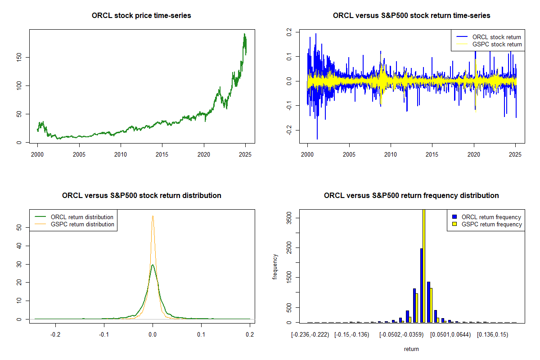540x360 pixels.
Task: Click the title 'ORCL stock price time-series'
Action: click(x=141, y=16)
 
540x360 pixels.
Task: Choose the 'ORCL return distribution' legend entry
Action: click(x=82, y=217)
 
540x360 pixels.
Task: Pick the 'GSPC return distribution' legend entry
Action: click(x=82, y=224)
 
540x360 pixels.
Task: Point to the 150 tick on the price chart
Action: click(x=18, y=57)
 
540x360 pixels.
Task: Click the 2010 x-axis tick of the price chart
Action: click(x=121, y=154)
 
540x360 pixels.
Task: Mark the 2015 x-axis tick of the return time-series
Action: click(x=432, y=154)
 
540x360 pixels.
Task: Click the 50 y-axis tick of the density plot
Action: click(x=19, y=228)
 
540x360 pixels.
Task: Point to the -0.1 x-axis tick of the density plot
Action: click(x=104, y=335)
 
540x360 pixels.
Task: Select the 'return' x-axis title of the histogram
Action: click(x=411, y=349)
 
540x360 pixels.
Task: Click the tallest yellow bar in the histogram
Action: click(x=423, y=270)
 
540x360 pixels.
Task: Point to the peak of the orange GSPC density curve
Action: click(x=153, y=216)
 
